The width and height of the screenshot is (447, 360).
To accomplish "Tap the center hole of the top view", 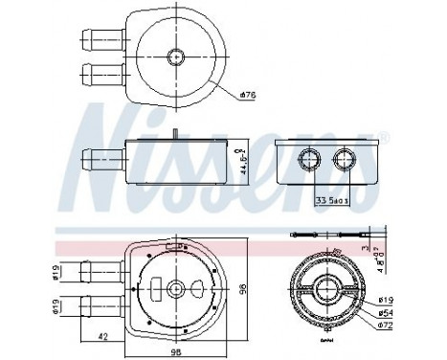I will pos(175,56).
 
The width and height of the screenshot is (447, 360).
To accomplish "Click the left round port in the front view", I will pos(312,158).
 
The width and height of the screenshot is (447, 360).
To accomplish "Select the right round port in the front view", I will pos(344,158).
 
